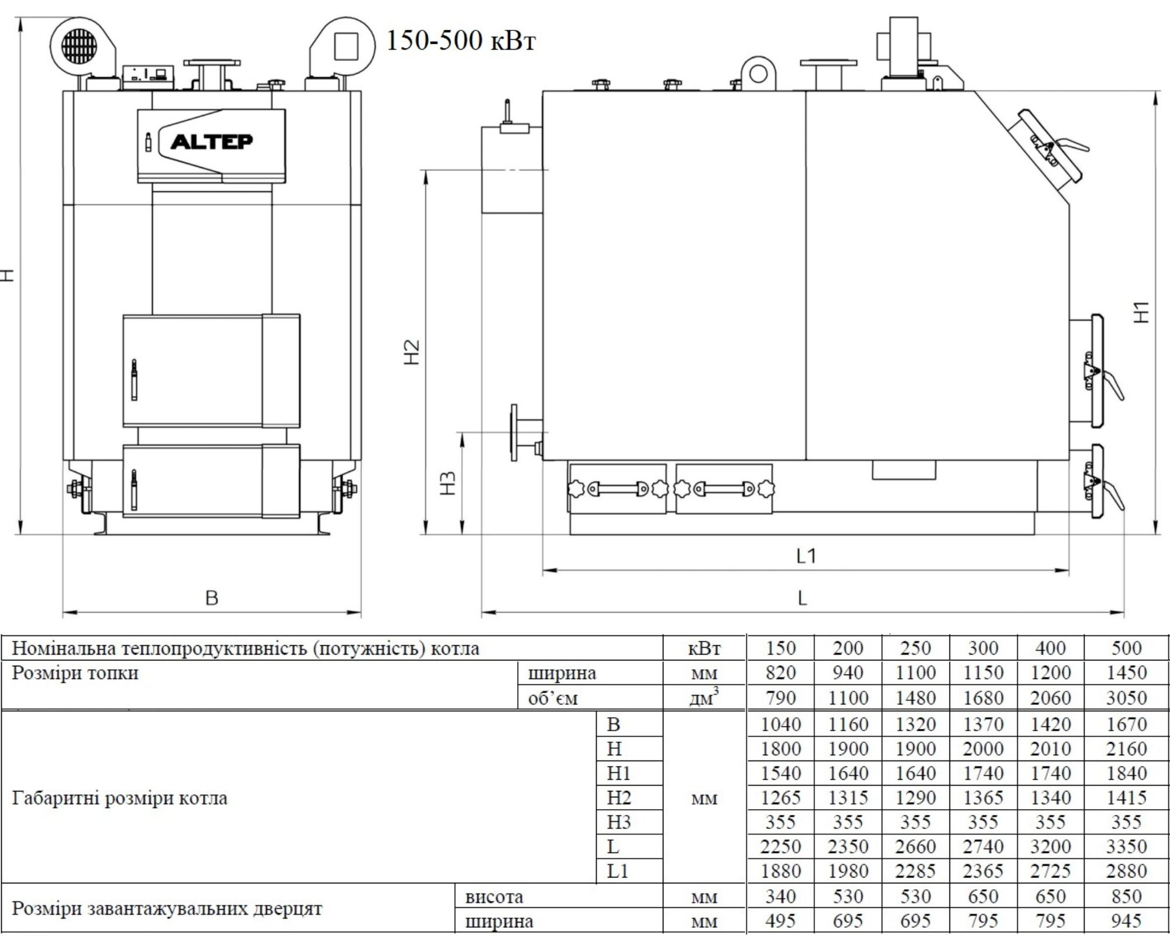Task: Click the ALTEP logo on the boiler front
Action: coord(212,142)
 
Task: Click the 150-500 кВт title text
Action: coord(461,41)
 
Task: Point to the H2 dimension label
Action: coord(412,352)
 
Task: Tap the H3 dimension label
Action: coord(448,483)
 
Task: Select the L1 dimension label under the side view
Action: coord(806,555)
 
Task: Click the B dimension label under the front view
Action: coord(212,597)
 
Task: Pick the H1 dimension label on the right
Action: coord(1141,312)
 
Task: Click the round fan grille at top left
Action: coord(78,44)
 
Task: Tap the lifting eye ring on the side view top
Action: coord(758,74)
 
